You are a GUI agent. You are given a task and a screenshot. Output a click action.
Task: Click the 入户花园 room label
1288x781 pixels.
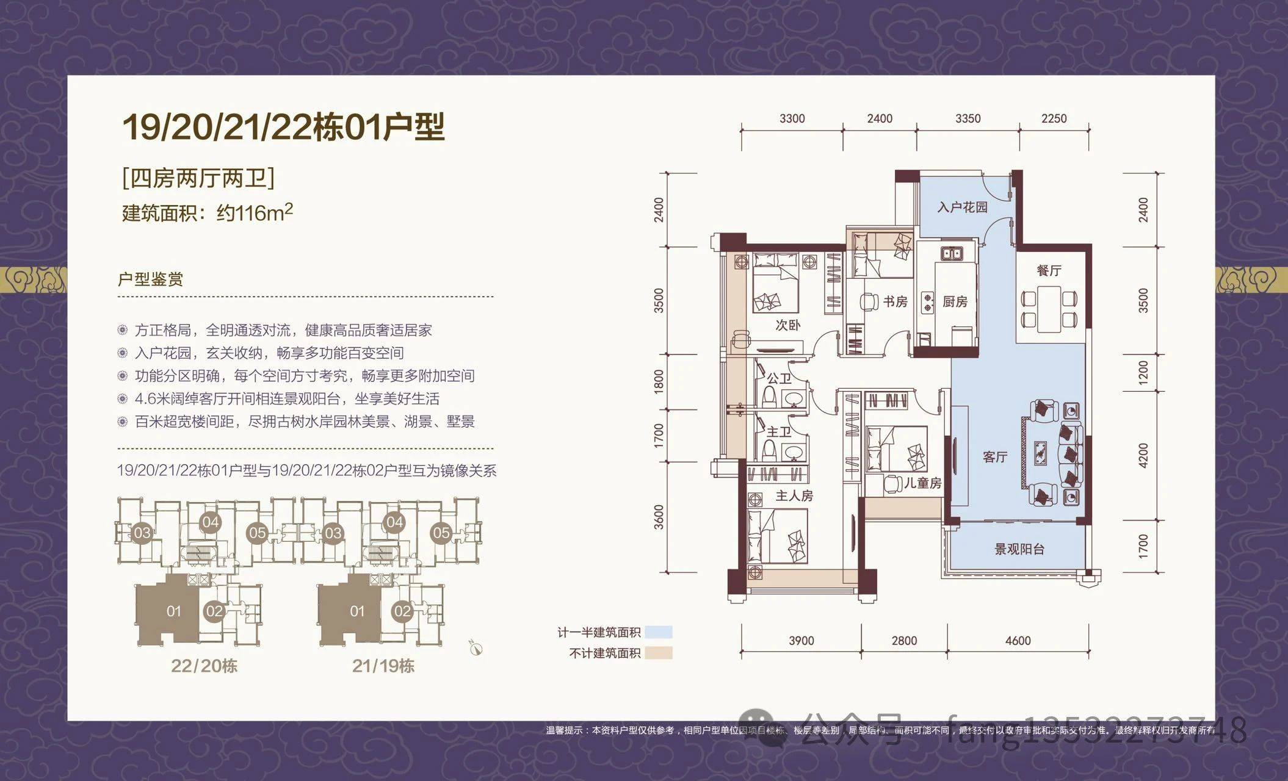(x=962, y=207)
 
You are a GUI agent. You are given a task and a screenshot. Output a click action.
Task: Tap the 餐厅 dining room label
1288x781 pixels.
(x=1049, y=270)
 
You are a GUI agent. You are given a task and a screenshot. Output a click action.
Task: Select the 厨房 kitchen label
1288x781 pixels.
(x=955, y=301)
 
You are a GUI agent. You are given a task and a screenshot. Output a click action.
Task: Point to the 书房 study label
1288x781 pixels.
(x=895, y=301)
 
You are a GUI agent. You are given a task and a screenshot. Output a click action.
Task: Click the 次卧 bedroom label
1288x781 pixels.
(x=787, y=325)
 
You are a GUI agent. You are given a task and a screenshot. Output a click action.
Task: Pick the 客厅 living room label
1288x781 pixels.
(x=995, y=456)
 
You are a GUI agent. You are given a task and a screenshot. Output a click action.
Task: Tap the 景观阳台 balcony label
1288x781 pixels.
(x=1019, y=549)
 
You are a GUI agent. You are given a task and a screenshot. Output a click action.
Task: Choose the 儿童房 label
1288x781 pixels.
(x=922, y=483)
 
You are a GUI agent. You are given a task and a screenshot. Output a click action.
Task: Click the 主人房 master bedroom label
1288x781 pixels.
(x=794, y=496)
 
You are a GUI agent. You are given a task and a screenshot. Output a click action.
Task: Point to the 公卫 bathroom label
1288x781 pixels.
(x=779, y=379)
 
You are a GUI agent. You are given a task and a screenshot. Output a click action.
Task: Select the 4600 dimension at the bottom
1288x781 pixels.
(x=1018, y=641)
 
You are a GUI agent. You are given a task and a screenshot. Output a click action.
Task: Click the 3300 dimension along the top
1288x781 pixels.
(x=792, y=118)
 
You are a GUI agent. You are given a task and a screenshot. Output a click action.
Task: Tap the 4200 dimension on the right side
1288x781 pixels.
(x=1143, y=455)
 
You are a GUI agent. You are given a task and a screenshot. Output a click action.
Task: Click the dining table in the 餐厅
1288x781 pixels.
(x=1049, y=309)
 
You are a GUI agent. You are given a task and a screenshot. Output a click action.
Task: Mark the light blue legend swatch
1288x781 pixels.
(x=658, y=632)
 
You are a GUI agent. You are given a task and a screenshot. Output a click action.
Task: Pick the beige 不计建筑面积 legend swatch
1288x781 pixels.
(x=658, y=653)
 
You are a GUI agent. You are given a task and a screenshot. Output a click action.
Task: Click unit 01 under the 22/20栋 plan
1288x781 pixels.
(x=173, y=611)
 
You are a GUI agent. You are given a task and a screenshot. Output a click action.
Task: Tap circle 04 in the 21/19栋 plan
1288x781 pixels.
(x=394, y=522)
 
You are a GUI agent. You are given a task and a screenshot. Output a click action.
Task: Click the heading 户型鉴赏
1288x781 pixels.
(x=150, y=279)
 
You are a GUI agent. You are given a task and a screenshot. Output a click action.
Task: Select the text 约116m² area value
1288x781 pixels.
(x=255, y=212)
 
